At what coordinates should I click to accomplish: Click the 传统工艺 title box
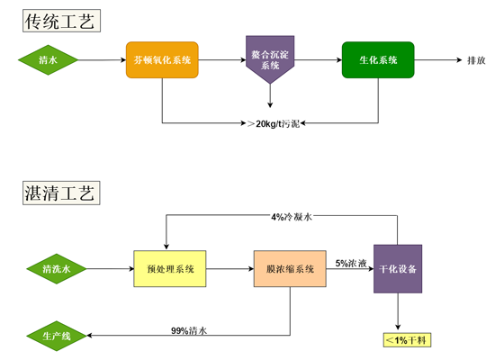61,21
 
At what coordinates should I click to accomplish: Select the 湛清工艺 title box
61,193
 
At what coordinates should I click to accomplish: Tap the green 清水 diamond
48,60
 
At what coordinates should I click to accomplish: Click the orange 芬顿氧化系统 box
162,60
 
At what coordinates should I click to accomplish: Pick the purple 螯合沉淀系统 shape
270,59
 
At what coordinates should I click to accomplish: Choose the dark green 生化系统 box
378,60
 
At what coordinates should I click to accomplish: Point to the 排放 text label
476,60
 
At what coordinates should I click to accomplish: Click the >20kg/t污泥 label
274,123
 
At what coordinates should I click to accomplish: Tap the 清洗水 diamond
57,269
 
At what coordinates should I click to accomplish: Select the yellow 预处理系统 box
170,269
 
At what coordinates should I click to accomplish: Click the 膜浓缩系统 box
290,269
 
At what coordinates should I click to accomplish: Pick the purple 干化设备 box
398,269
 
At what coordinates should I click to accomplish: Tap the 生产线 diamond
57,336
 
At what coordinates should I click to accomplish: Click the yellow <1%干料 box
407,340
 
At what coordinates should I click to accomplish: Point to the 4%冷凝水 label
292,217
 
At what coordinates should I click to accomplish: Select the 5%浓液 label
351,263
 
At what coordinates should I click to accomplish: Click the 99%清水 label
189,330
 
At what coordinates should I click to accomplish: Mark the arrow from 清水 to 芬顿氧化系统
102,60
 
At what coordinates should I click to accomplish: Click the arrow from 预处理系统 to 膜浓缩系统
229,269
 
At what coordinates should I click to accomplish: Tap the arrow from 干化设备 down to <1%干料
398,311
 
